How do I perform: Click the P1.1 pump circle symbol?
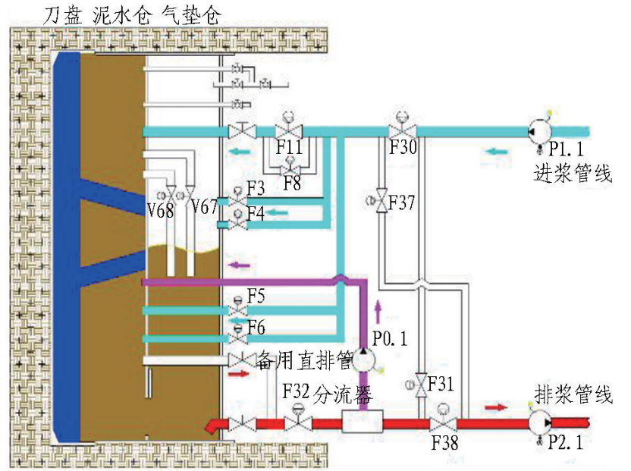(539, 131)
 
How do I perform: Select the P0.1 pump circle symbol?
(364, 360)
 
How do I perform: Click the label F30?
(403, 147)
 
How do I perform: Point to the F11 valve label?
(289, 147)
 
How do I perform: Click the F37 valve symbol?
(381, 201)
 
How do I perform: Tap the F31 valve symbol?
(420, 385)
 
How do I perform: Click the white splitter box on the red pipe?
(363, 422)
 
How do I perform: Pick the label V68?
(160, 210)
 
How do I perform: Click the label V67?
(203, 207)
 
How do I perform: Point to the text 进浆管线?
(573, 174)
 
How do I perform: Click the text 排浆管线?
(573, 394)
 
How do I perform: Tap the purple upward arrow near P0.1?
(378, 311)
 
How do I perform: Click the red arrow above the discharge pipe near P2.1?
(496, 407)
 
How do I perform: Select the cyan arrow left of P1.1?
(496, 152)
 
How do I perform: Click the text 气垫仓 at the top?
(192, 14)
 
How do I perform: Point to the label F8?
(292, 184)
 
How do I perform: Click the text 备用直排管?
(305, 360)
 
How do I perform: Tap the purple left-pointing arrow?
(240, 265)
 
